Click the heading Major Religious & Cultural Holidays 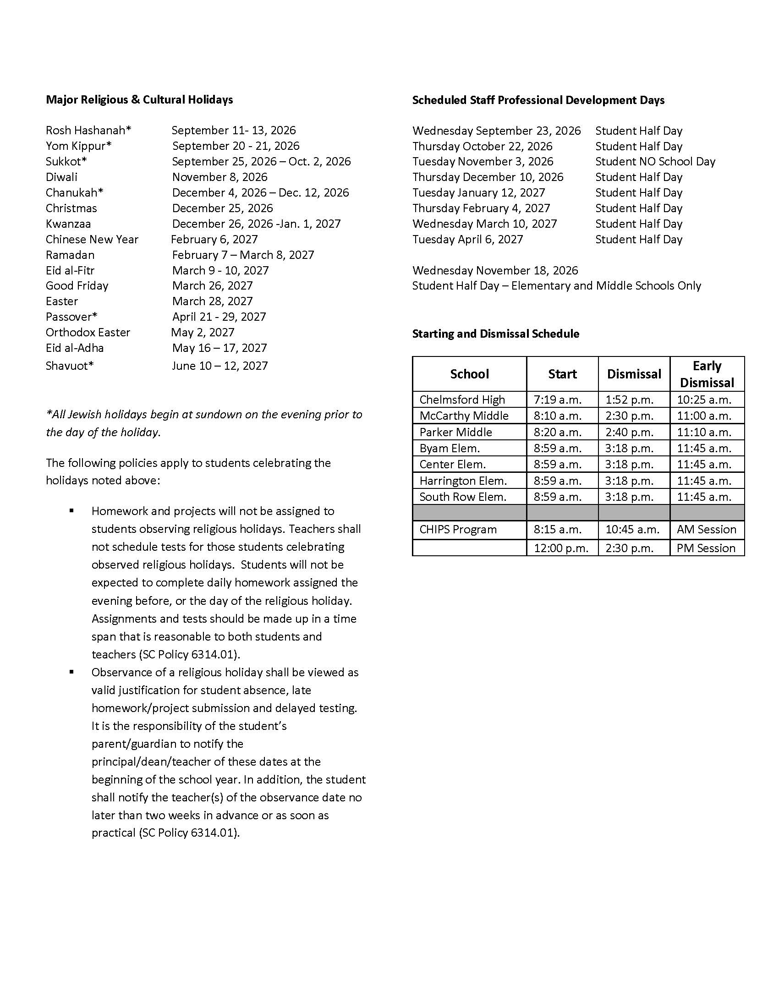pos(139,100)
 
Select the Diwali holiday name pos(61,177)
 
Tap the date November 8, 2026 pos(219,177)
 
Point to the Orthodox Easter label pos(88,332)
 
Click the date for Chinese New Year pos(214,239)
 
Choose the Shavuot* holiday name pos(70,366)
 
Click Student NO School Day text pos(655,162)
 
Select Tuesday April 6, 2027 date pos(467,239)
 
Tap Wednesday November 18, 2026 pos(495,270)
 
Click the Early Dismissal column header pos(707,374)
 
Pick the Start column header pos(562,374)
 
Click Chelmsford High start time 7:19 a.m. pos(558,399)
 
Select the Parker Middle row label pos(455,432)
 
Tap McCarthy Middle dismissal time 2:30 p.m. pos(630,416)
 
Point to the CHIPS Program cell pos(458,529)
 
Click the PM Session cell pos(706,548)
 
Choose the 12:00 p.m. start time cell pos(561,548)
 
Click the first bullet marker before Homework pos(71,510)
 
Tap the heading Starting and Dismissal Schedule pos(495,334)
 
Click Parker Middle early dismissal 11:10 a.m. pos(704,432)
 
